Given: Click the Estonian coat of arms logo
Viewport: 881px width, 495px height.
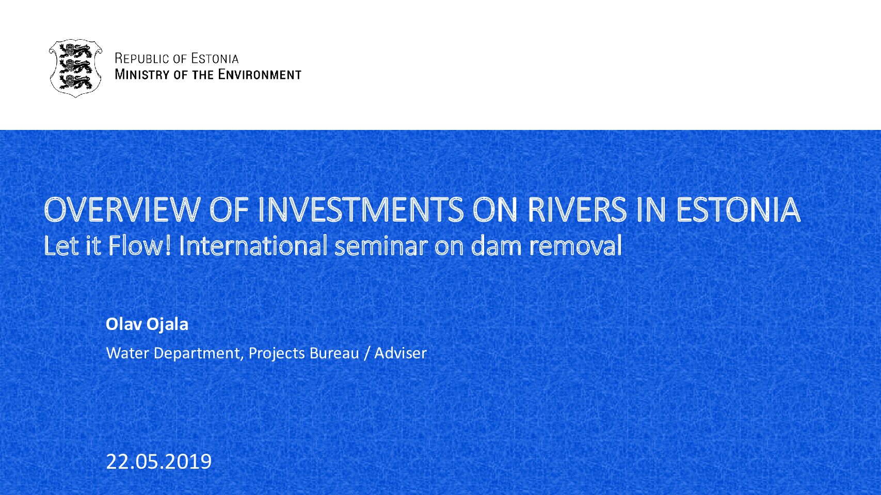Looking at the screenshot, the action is [75, 68].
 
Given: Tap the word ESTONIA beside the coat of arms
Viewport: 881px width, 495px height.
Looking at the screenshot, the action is [215, 59].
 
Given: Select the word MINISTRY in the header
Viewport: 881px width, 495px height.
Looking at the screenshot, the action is [142, 74].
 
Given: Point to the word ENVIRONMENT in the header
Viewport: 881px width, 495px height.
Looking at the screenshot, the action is [260, 74].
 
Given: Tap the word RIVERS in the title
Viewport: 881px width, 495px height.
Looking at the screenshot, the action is [576, 210].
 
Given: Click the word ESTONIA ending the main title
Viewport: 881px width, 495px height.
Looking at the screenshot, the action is [738, 210].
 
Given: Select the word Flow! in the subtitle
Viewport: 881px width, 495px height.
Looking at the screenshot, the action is [140, 245].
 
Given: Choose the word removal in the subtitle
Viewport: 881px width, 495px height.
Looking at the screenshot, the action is [575, 245].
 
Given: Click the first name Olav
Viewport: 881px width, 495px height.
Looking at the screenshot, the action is [124, 324].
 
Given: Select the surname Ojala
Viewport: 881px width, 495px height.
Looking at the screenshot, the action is [168, 325].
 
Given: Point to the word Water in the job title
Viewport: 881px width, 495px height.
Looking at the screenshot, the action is [127, 353].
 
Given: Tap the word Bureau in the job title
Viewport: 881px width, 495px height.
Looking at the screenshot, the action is [334, 353].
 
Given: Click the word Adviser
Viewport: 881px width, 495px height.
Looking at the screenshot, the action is [401, 353].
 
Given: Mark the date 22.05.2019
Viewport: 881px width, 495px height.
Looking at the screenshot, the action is [159, 461].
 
